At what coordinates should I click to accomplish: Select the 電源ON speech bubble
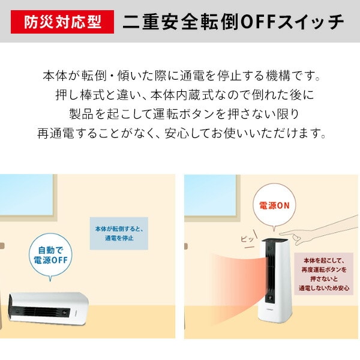pos(274,206)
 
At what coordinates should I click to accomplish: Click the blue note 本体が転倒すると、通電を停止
pos(118,233)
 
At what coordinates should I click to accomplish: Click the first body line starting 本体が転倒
pos(179,77)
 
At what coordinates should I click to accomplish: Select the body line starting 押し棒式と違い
pos(179,95)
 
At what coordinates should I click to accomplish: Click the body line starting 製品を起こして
pos(179,113)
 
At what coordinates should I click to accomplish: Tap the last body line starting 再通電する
pos(179,132)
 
